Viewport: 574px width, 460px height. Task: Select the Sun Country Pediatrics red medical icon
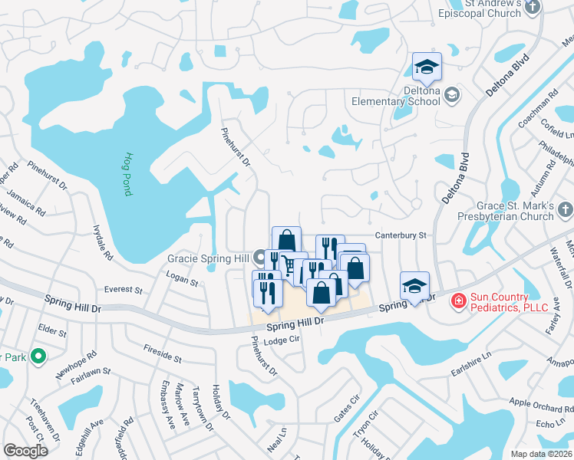click(x=459, y=299)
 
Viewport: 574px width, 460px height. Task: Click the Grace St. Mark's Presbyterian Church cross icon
click(x=564, y=209)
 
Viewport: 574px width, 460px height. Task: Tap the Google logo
click(x=25, y=451)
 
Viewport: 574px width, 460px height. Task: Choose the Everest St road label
click(x=124, y=291)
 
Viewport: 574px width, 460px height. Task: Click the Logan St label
click(x=182, y=282)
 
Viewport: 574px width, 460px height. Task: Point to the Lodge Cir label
click(x=280, y=342)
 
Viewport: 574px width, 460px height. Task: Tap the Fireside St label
click(x=162, y=353)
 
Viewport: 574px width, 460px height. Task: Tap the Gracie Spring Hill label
click(x=209, y=258)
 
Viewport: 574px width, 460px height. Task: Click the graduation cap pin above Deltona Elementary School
click(x=427, y=67)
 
